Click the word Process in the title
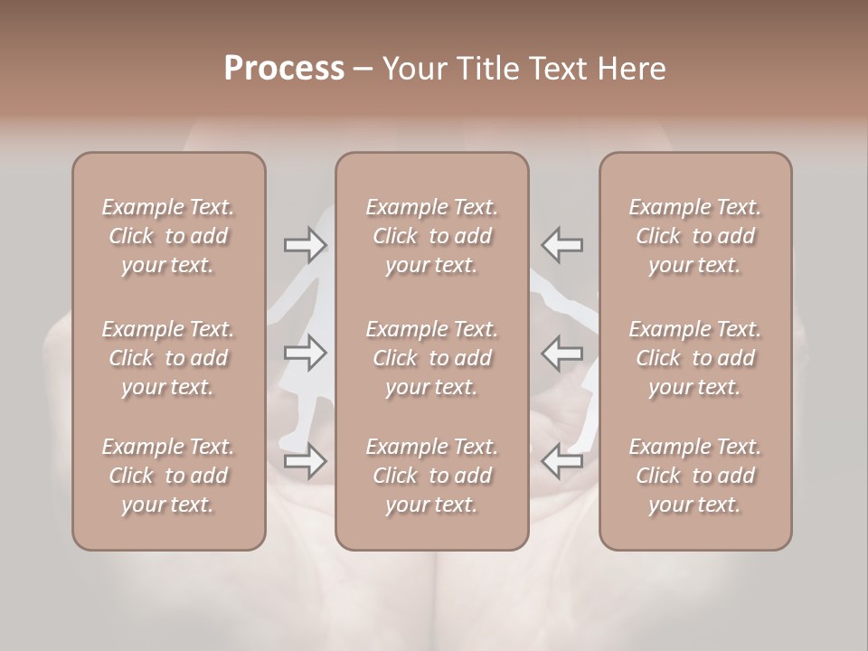(284, 69)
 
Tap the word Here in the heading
(633, 69)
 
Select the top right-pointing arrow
(306, 245)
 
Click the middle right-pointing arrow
(306, 353)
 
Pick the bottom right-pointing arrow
(306, 461)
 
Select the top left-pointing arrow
(561, 245)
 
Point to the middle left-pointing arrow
(561, 353)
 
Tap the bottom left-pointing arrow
(561, 461)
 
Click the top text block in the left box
(168, 236)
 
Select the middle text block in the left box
(168, 358)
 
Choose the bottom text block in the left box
(168, 476)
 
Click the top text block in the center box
(431, 236)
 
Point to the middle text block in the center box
(431, 358)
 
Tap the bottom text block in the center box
(431, 476)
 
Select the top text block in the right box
(694, 236)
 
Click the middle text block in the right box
(694, 358)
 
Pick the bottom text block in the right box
(694, 476)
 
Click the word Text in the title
(553, 69)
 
